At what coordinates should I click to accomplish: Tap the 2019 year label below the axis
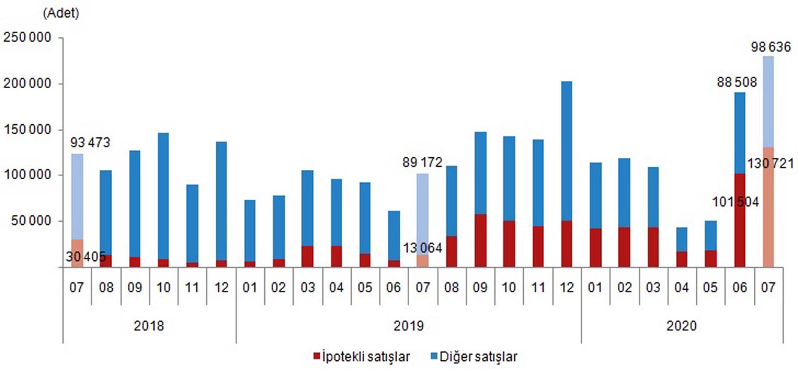tap(408, 326)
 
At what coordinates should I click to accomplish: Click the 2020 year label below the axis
tap(682, 326)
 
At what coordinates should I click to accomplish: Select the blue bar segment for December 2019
tap(566, 150)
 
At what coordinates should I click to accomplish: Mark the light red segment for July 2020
tap(767, 207)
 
